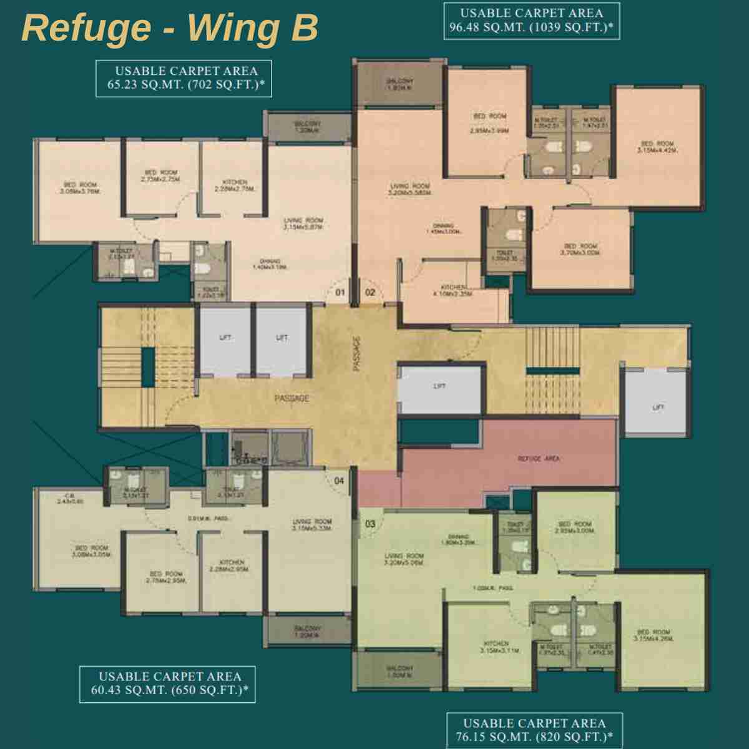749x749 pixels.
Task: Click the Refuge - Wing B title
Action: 170,28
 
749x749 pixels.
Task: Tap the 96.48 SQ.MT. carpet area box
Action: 532,21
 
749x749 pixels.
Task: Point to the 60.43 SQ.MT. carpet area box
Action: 167,683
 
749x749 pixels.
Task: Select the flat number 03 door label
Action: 370,524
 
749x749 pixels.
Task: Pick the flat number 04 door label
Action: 339,481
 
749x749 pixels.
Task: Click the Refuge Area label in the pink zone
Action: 539,459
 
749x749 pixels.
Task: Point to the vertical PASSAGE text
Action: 357,355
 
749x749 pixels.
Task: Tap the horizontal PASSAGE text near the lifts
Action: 291,398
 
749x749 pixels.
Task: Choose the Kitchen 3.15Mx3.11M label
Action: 496,647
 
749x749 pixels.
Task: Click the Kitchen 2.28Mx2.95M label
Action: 232,565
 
